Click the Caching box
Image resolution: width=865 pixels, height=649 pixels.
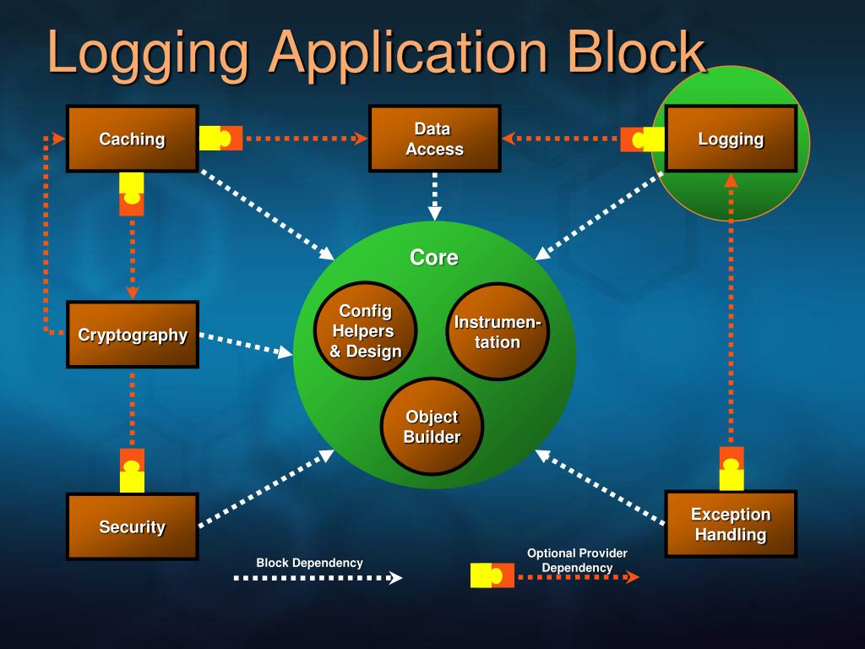[133, 139]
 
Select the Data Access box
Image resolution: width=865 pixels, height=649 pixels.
[434, 139]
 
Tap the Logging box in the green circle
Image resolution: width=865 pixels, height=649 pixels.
[731, 139]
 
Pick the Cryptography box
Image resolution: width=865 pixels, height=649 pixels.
[133, 335]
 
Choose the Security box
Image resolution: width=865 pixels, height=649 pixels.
[133, 526]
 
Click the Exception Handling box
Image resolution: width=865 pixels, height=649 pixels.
[731, 524]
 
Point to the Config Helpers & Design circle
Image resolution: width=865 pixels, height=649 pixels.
[366, 331]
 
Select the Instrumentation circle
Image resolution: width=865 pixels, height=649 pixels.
[498, 332]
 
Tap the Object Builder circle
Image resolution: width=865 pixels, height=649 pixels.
[432, 427]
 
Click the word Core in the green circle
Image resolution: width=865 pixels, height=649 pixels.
[433, 258]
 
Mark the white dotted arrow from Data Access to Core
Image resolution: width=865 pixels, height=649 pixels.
[434, 196]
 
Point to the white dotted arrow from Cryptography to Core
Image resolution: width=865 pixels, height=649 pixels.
[246, 345]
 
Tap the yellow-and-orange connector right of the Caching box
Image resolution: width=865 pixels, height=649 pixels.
[221, 138]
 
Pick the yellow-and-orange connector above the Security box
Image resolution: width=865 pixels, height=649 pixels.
[132, 471]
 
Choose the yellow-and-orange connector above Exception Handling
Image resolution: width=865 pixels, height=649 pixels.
[732, 469]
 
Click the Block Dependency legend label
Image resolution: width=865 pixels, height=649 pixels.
[309, 563]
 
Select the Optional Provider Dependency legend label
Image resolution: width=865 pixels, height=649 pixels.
[577, 560]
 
